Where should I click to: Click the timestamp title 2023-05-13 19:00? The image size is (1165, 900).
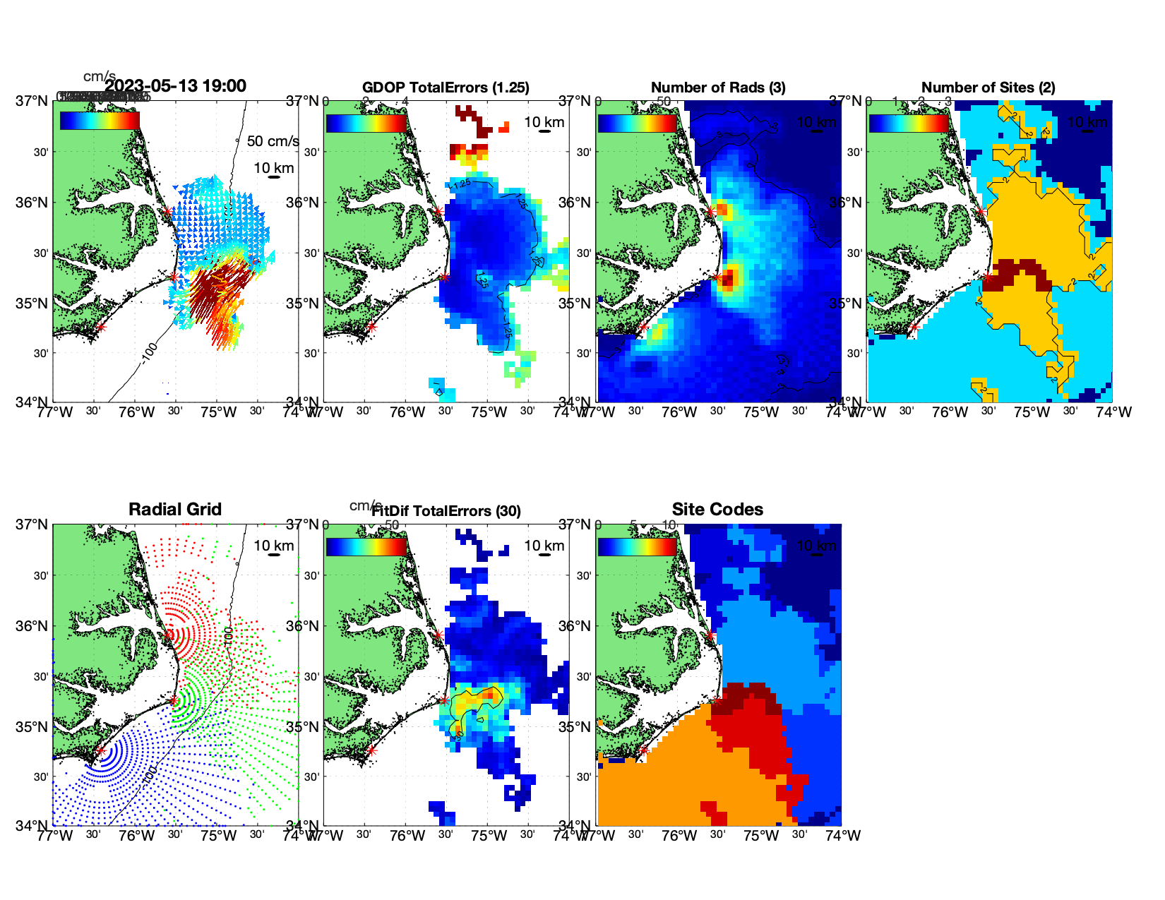point(175,86)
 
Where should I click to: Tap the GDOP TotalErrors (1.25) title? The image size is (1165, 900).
point(446,88)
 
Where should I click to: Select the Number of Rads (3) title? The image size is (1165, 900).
point(718,88)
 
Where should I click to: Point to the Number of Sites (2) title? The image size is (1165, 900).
point(988,88)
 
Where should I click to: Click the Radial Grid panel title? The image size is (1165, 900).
point(175,510)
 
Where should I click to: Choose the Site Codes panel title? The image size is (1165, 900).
point(717,510)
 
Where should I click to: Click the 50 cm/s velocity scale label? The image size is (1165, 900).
point(273,141)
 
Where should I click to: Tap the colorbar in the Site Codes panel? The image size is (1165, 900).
point(637,546)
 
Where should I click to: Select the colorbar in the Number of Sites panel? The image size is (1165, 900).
point(909,123)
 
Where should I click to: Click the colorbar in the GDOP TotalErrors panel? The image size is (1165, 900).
point(366,123)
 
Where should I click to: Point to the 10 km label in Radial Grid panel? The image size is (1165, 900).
point(273,546)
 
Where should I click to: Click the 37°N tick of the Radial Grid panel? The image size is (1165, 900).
point(32,524)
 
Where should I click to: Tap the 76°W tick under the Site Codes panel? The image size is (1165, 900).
point(679,836)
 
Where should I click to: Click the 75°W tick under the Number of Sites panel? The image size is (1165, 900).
point(1032,412)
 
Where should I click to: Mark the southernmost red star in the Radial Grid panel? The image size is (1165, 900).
point(100,750)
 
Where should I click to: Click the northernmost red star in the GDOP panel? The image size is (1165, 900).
point(438,211)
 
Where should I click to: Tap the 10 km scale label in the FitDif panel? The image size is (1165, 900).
point(544,546)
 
